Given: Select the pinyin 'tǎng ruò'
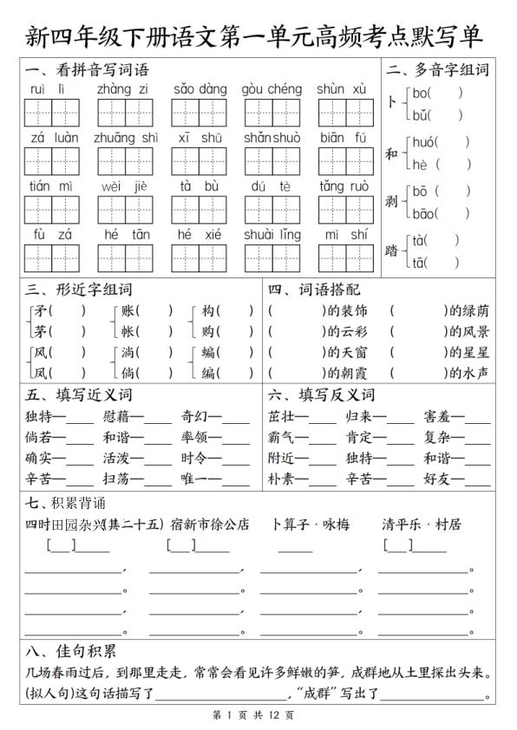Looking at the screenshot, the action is pos(344,186).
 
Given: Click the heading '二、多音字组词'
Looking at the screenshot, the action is pos(437,70).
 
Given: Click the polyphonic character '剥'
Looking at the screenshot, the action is pos(391,201).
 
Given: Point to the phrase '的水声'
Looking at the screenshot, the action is pos(468,373).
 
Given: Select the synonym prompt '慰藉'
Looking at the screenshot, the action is pos(115,416).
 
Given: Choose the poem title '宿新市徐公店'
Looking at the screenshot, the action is pos(210,525).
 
